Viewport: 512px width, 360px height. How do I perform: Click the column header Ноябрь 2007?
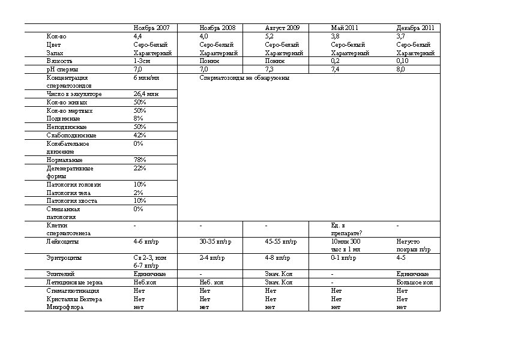click(x=151, y=28)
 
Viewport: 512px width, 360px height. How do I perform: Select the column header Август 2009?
click(x=283, y=28)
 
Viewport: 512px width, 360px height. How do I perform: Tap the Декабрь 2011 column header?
click(x=415, y=28)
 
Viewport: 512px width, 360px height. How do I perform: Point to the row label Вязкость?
click(x=59, y=61)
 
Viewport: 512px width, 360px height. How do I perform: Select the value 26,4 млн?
click(x=145, y=94)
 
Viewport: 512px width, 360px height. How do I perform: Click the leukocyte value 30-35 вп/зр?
click(x=212, y=242)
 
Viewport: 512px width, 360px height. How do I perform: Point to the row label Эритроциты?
click(x=64, y=257)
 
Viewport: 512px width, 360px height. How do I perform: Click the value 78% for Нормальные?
click(x=139, y=160)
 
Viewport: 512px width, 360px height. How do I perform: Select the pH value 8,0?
click(x=401, y=70)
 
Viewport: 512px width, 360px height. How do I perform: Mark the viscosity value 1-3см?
click(x=142, y=61)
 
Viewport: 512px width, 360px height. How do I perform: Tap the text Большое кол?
click(x=415, y=282)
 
